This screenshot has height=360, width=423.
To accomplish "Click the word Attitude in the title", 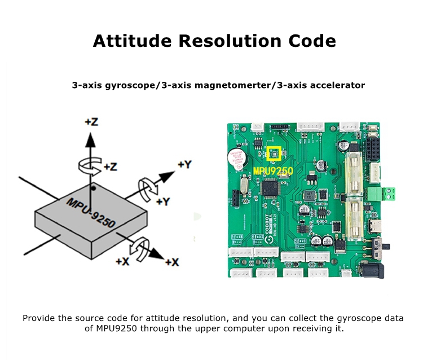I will pyautogui.click(x=131, y=41).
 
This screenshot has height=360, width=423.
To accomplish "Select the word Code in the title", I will pyautogui.click(x=311, y=41).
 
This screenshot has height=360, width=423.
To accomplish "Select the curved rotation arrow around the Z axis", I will pyautogui.click(x=89, y=164).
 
